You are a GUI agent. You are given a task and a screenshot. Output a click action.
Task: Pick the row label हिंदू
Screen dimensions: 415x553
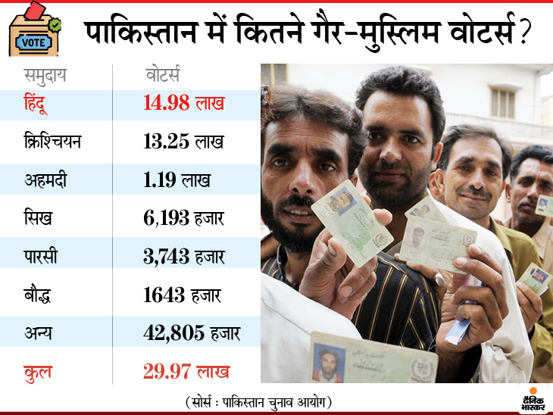pyautogui.click(x=39, y=102)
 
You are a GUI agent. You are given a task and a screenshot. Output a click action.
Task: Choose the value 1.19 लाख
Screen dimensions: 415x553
pyautogui.click(x=177, y=179)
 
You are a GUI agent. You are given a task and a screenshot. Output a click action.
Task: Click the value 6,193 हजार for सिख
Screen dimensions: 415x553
pyautogui.click(x=183, y=218)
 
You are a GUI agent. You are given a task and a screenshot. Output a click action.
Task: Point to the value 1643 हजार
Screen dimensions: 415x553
pyautogui.click(x=183, y=295)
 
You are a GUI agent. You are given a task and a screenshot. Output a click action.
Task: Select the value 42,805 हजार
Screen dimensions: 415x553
pyautogui.click(x=191, y=333)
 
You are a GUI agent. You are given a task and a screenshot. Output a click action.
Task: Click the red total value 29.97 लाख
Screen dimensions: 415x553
pyautogui.click(x=186, y=371)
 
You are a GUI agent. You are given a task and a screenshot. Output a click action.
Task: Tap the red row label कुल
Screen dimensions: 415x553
pyautogui.click(x=37, y=371)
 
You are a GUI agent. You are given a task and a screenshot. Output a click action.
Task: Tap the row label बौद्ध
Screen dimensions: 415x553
pyautogui.click(x=39, y=295)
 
